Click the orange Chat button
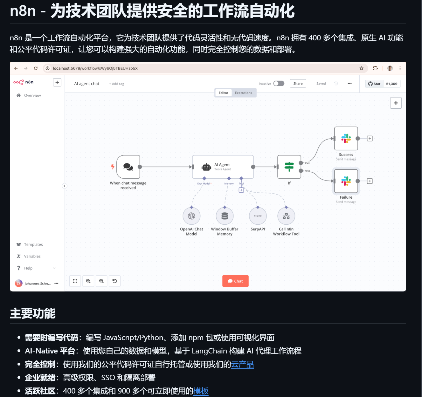[235, 281]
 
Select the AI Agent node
[223, 167]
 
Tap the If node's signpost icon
[289, 167]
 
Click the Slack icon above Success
[346, 139]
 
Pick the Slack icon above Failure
[346, 181]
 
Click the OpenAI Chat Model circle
[191, 216]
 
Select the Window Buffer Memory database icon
[225, 216]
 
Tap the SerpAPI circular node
[258, 216]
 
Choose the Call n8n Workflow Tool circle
[286, 216]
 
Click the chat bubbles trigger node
[128, 167]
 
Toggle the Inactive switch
[279, 84]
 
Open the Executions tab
[244, 93]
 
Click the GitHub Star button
[374, 84]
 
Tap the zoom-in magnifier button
[88, 281]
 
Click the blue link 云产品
[242, 364]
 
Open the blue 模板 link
[201, 391]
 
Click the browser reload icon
[36, 68]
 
